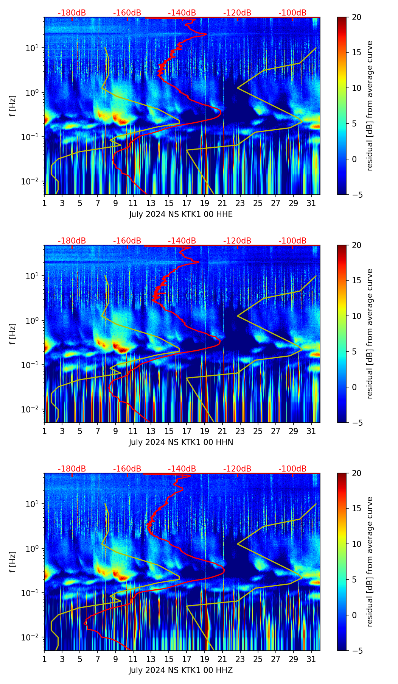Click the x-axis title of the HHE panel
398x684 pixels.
coord(181,214)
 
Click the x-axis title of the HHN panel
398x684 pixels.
coord(181,442)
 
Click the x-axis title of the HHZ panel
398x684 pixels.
coord(181,670)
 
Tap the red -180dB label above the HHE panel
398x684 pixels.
coord(72,13)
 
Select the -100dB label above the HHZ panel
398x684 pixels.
coord(292,469)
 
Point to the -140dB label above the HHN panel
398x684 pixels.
coord(182,241)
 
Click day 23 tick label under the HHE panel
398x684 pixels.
coord(240,203)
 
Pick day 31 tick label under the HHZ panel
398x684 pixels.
coord(311,659)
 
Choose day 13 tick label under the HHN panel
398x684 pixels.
coord(151,431)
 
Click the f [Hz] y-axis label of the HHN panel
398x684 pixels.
coord(13,334)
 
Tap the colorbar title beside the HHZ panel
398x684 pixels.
coord(370,562)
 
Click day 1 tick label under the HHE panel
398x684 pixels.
coord(45,203)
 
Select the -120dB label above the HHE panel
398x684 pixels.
coord(237,13)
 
